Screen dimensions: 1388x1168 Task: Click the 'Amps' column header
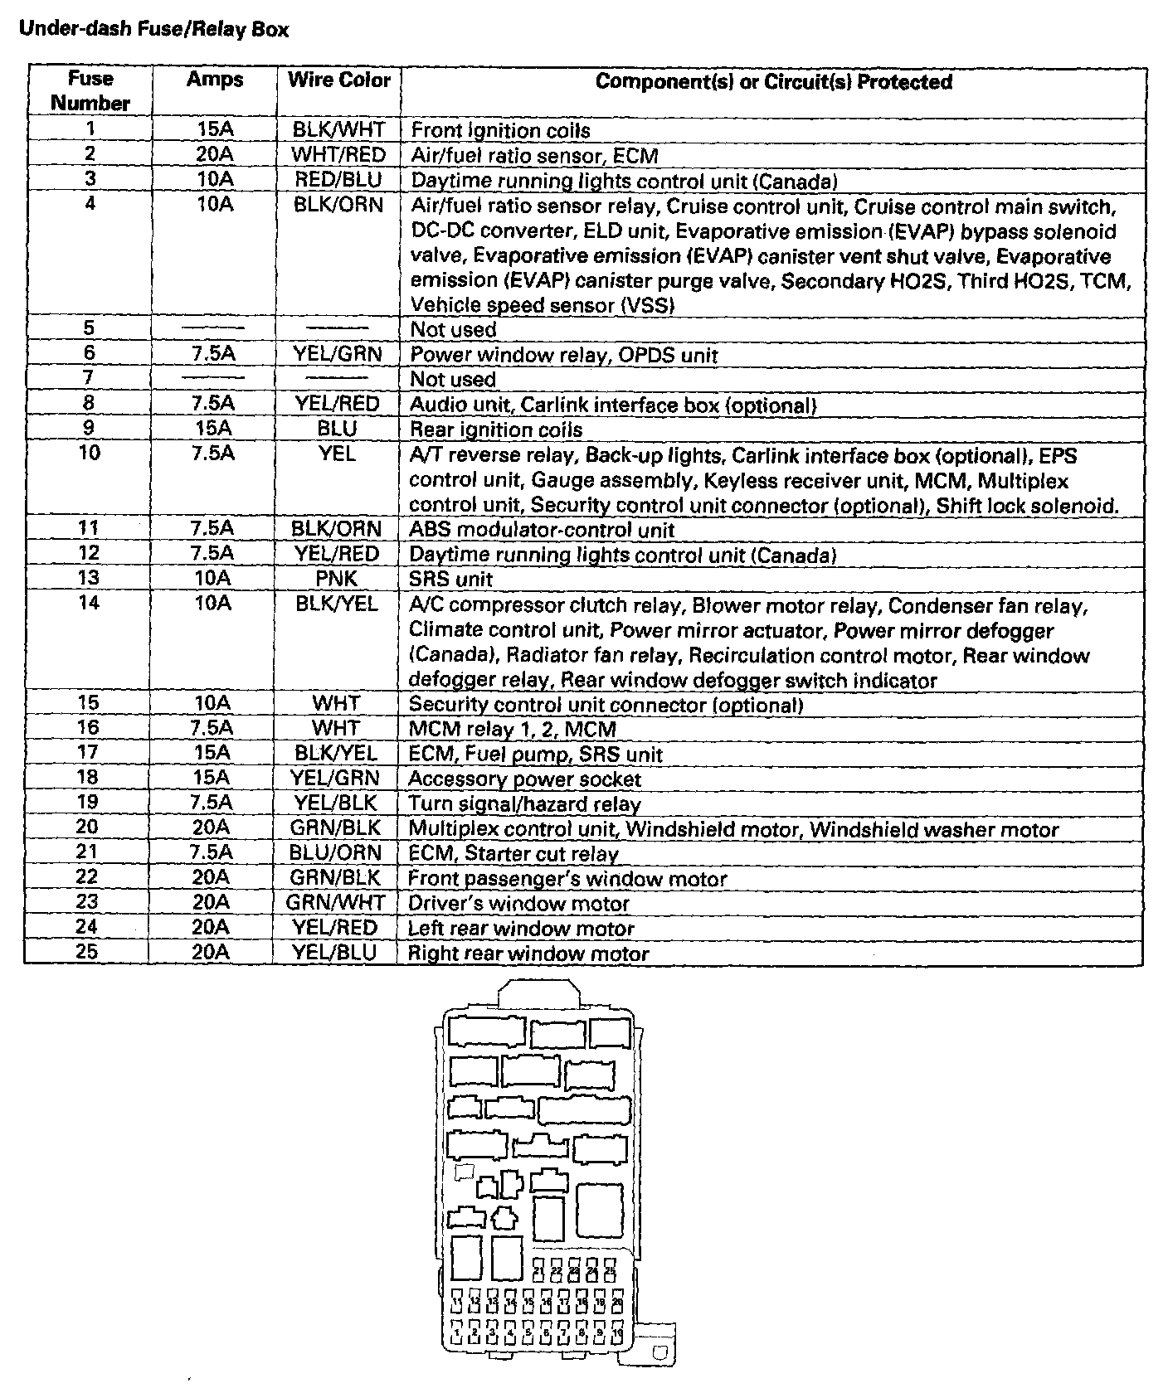click(x=215, y=80)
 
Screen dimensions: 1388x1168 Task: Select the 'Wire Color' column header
click(x=338, y=80)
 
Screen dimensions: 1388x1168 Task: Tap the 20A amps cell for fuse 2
click(x=215, y=154)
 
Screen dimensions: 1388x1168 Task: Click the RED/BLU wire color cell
click(x=338, y=179)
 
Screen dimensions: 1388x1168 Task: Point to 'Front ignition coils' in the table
click(x=500, y=130)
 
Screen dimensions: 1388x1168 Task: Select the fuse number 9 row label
click(x=89, y=428)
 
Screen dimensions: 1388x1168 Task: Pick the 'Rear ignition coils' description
click(x=496, y=430)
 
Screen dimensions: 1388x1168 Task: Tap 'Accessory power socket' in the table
click(x=524, y=779)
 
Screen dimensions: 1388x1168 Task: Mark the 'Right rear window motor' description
click(x=528, y=954)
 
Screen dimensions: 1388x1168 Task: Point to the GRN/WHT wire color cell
click(x=336, y=902)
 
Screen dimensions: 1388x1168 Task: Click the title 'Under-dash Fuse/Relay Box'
click(x=153, y=30)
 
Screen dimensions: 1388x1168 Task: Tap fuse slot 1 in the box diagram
click(x=457, y=1332)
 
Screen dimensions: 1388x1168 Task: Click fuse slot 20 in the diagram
click(x=617, y=1303)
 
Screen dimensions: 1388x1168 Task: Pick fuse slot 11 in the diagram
click(x=457, y=1303)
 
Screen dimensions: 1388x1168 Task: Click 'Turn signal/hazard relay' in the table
click(x=524, y=804)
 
